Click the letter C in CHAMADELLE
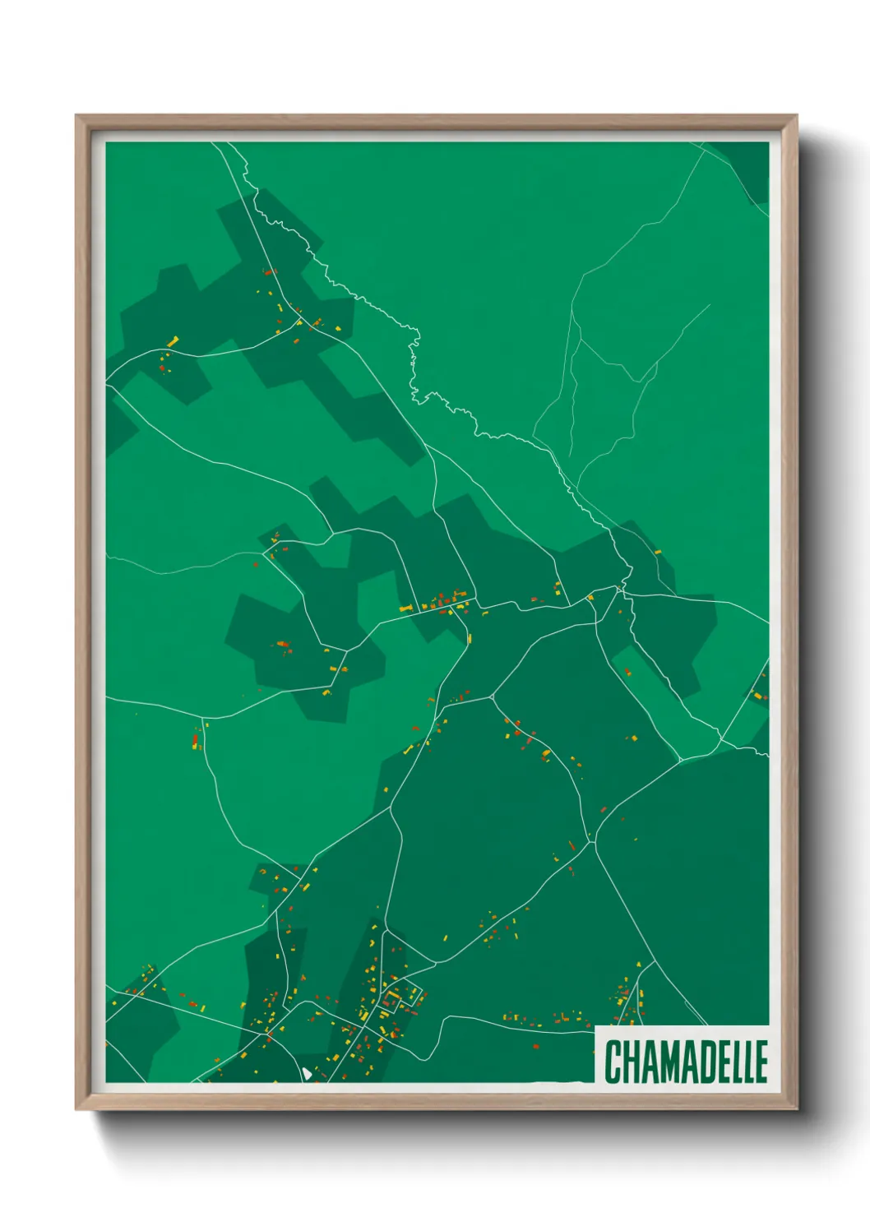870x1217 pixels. coord(613,1062)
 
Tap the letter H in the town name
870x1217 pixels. coord(632,1062)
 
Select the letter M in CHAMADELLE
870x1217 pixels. coord(669,1062)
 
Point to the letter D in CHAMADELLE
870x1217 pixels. coord(706,1062)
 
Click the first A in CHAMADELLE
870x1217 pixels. coord(649,1062)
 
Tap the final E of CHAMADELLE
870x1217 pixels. coord(761,1062)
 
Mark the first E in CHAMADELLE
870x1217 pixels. coord(722,1062)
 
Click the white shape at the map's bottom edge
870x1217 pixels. coord(306,1073)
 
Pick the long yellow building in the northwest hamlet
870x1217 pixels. coord(173,340)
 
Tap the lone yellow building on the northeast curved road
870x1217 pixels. coord(657,552)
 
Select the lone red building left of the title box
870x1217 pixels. coord(536,1046)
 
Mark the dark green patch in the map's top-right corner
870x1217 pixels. coord(750,164)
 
